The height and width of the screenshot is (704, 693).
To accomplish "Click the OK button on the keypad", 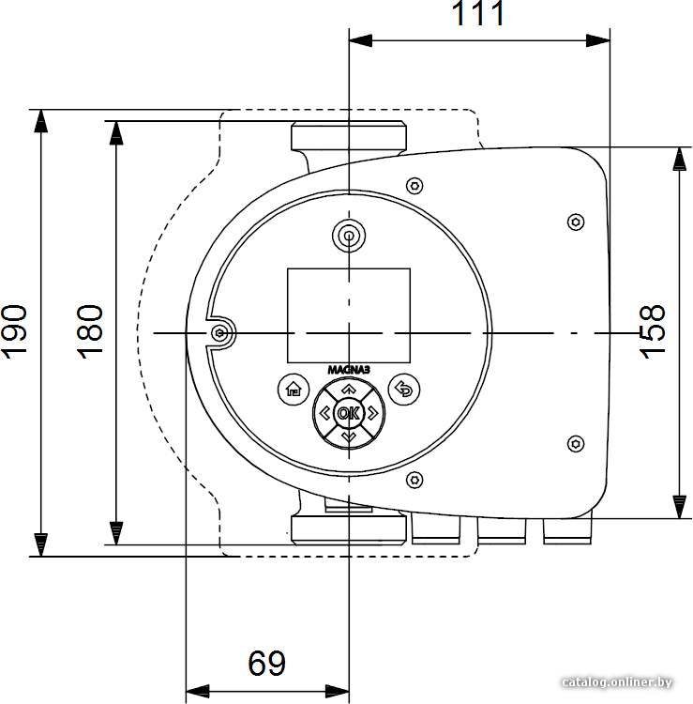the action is pyautogui.click(x=349, y=413).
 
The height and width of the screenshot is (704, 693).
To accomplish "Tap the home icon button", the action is pyautogui.click(x=294, y=390).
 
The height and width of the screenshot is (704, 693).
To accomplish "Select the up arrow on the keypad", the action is pyautogui.click(x=349, y=389).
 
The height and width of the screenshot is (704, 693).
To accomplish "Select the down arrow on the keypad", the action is pyautogui.click(x=349, y=436).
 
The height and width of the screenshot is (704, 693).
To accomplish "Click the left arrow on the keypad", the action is pyautogui.click(x=324, y=413).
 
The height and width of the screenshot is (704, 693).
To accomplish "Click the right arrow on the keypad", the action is pyautogui.click(x=372, y=413).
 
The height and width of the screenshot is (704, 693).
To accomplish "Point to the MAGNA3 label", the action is pyautogui.click(x=349, y=370).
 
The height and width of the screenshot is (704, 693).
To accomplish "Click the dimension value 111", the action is pyautogui.click(x=478, y=13).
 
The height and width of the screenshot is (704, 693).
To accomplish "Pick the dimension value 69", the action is pyautogui.click(x=267, y=663).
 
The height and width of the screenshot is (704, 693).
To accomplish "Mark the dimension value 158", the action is pyautogui.click(x=652, y=332).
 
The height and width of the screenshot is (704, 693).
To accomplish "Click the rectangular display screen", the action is pyautogui.click(x=349, y=315).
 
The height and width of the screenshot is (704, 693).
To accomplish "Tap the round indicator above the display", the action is pyautogui.click(x=349, y=235).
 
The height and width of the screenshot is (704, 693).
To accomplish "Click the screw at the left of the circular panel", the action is pyautogui.click(x=219, y=333).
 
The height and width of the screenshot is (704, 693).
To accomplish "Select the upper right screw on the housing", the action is pyautogui.click(x=576, y=222).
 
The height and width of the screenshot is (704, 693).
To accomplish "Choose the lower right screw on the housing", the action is pyautogui.click(x=576, y=444).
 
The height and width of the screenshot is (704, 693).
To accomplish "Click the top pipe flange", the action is pyautogui.click(x=349, y=135).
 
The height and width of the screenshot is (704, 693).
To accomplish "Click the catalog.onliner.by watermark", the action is pyautogui.click(x=617, y=682).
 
